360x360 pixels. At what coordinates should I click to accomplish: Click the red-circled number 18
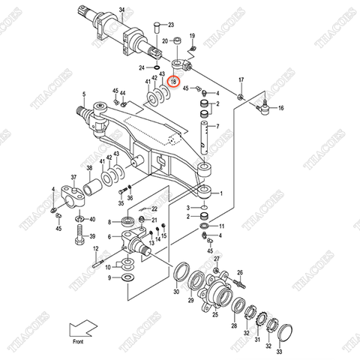click(x=174, y=81)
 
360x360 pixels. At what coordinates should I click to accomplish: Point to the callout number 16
click(x=280, y=109)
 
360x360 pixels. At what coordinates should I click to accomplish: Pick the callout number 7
click(x=217, y=127)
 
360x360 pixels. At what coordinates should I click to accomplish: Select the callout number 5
click(x=85, y=95)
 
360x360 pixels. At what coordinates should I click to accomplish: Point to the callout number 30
click(x=177, y=292)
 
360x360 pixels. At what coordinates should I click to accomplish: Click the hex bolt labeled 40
click(x=80, y=241)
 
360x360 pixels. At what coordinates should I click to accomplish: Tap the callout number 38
click(x=89, y=168)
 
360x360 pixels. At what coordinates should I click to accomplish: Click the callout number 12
click(x=96, y=248)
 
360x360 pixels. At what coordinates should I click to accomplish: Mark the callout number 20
click(x=165, y=41)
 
